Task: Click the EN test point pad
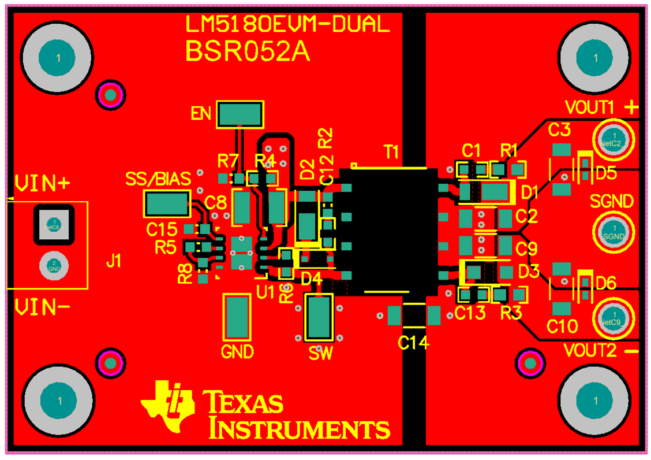(240, 115)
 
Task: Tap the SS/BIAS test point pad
(167, 205)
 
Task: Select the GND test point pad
(237, 317)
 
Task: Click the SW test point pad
(319, 317)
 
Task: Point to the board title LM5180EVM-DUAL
(287, 24)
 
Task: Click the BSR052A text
(248, 51)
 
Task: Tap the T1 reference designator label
(391, 152)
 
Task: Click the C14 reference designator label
(413, 343)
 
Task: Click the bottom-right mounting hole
(595, 400)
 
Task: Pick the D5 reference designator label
(606, 173)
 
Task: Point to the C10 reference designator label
(562, 327)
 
